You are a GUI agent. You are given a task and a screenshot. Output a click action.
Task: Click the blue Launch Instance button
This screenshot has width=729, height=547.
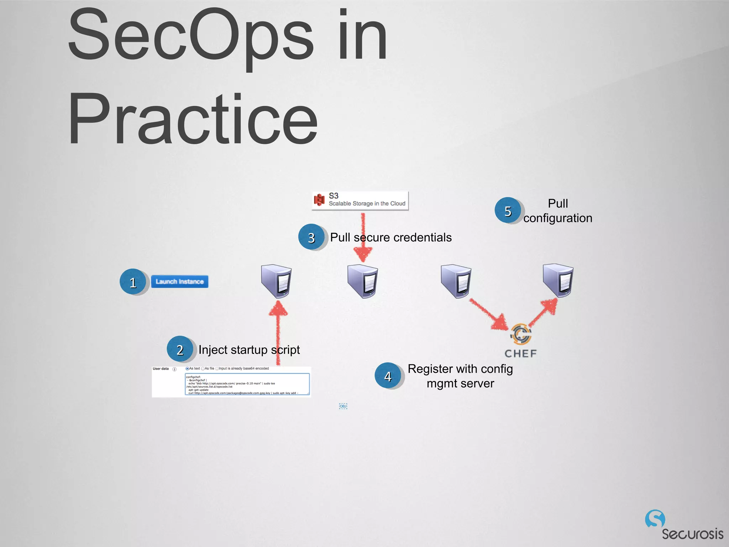point(179,281)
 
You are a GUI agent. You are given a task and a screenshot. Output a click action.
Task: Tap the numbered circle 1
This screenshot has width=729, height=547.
point(133,282)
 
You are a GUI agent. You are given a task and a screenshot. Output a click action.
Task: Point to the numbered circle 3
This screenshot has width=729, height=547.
point(311,237)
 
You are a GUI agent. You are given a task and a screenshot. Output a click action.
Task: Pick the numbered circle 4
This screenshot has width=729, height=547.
point(388,376)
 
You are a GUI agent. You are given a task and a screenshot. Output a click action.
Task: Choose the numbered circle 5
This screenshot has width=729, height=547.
point(508,210)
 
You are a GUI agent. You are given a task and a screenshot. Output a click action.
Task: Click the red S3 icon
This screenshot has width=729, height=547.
point(319,200)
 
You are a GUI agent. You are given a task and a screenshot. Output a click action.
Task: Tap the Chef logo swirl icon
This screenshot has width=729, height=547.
point(521,334)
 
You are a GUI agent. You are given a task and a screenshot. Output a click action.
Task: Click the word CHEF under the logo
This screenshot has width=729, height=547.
point(520,353)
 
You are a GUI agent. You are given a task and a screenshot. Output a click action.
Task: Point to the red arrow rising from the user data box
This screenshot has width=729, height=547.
point(278,331)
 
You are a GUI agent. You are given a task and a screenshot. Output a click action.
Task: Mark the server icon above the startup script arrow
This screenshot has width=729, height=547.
point(277,281)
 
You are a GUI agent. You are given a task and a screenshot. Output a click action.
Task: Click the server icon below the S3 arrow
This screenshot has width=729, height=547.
point(363,281)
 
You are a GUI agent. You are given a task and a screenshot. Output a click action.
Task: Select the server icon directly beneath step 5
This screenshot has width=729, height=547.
point(558,280)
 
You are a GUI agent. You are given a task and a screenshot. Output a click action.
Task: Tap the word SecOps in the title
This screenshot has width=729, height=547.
point(191,36)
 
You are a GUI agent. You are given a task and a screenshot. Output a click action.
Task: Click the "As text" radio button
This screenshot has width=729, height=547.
point(187,369)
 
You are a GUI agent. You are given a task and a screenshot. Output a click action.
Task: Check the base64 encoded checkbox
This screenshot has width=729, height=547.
point(217,369)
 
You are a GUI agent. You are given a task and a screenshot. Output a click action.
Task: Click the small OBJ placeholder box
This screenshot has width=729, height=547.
point(343,406)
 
